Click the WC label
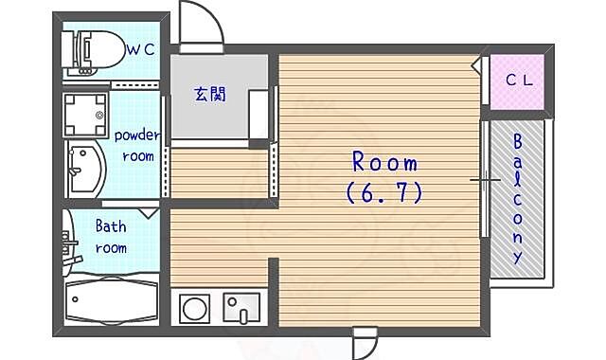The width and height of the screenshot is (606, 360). tap(141, 49)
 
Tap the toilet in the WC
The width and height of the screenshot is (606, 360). tap(93, 51)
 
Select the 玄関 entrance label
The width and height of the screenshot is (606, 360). tap(210, 94)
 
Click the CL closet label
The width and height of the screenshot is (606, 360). tap(519, 80)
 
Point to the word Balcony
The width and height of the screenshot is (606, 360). tap(517, 199)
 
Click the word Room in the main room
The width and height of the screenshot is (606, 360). tap(385, 162)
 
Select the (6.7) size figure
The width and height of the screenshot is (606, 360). tap(384, 192)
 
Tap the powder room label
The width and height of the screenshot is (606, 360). tap(137, 145)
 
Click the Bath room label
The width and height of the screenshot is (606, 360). tap(111, 237)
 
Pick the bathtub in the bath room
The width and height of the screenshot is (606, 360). tap(112, 299)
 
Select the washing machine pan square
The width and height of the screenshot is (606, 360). tap(85, 115)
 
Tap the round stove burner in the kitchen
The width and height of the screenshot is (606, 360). tap(195, 309)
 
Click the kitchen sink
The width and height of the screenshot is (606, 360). tap(242, 308)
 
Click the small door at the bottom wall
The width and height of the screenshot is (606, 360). tap(365, 342)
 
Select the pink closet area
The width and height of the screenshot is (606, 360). tap(517, 82)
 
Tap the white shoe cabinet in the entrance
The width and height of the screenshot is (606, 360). tap(258, 116)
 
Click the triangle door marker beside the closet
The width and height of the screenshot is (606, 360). tap(477, 65)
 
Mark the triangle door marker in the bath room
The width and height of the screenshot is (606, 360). tap(149, 213)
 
